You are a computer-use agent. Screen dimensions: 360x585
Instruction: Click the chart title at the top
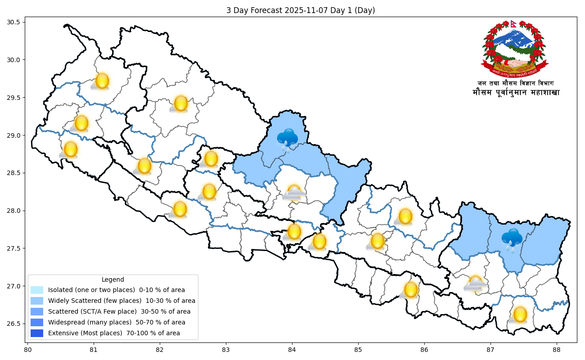301,10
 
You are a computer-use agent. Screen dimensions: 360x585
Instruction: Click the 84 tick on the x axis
292,349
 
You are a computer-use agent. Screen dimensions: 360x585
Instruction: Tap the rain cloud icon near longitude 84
287,139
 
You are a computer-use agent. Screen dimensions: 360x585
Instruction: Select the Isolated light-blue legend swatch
37,290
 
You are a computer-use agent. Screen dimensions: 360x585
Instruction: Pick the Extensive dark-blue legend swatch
37,333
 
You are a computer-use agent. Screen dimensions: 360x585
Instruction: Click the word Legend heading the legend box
112,279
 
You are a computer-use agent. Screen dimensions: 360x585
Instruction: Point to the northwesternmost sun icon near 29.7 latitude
101,81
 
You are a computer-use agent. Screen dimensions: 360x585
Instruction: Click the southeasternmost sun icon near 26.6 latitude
519,315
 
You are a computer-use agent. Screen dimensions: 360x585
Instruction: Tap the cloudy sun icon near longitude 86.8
475,284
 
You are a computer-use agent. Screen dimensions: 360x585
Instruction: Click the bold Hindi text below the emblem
516,93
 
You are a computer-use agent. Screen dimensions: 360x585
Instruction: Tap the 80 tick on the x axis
27,349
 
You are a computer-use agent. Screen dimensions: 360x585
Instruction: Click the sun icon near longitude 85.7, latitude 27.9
405,216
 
